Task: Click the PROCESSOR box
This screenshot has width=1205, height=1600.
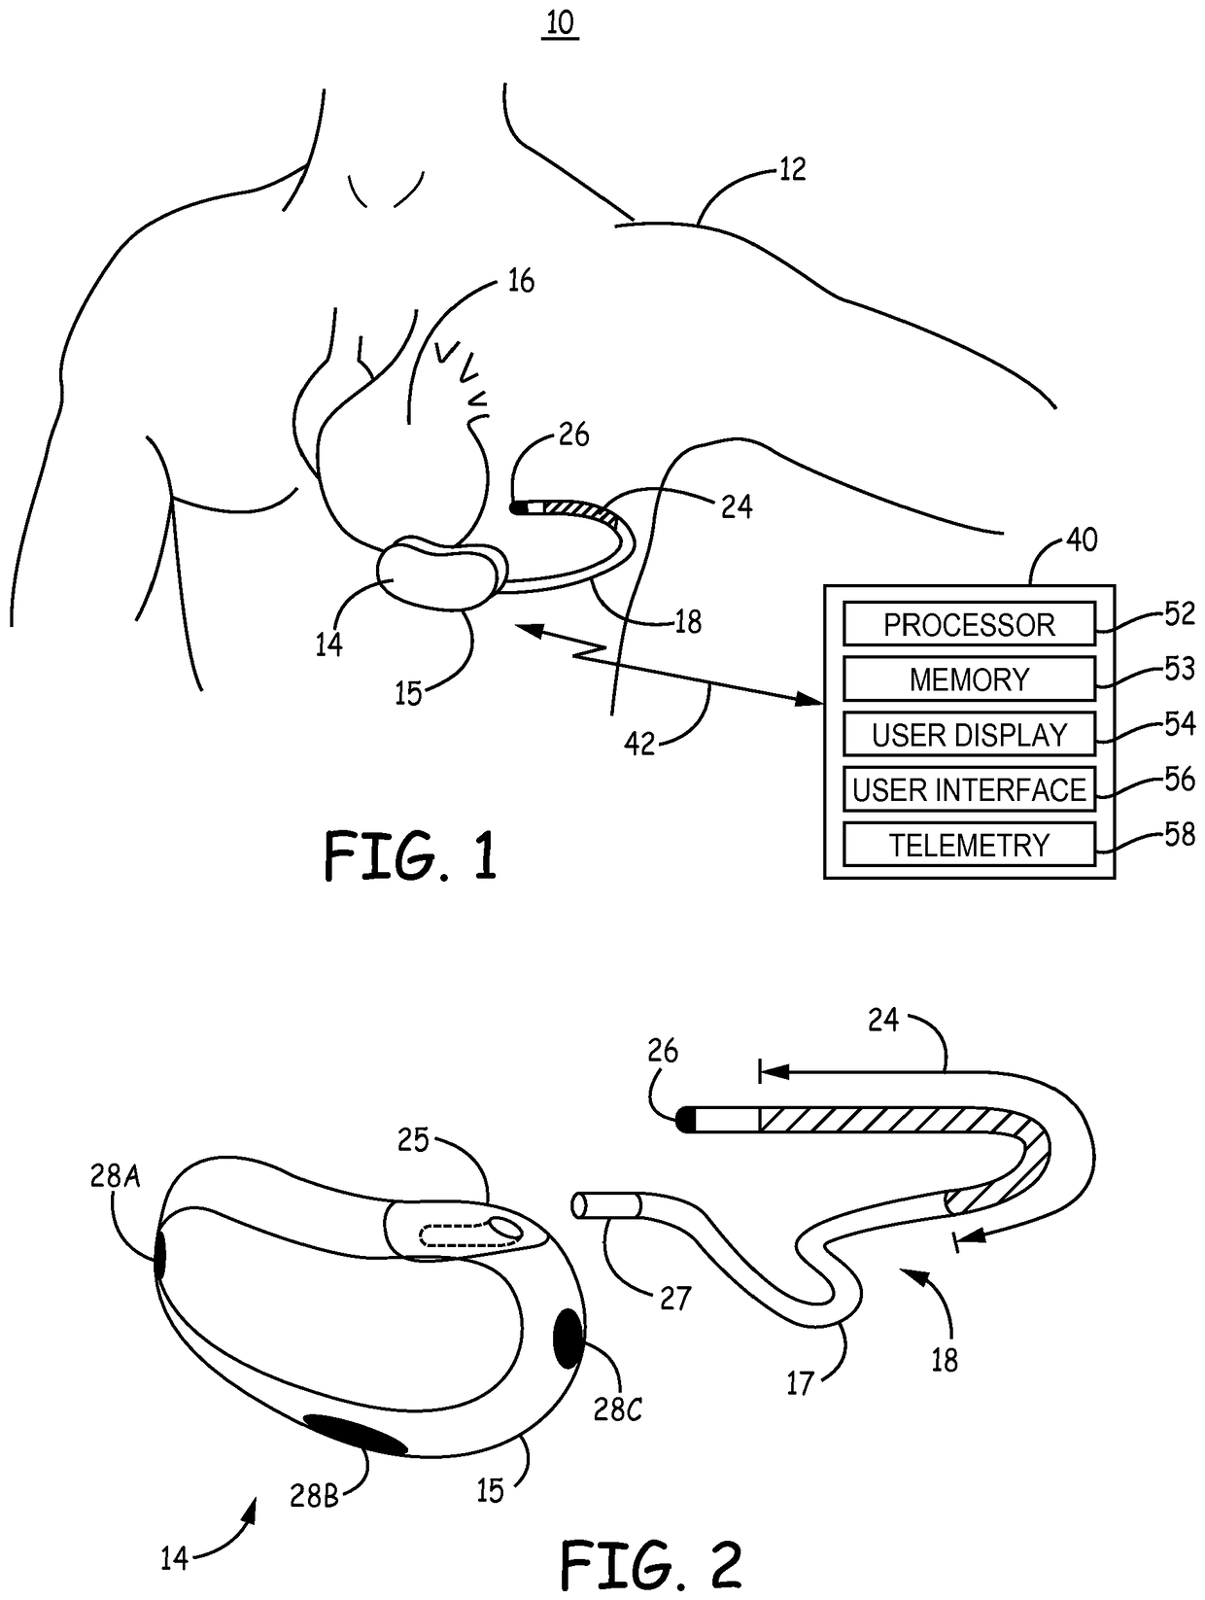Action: (969, 624)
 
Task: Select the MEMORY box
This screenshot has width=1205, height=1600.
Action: (969, 679)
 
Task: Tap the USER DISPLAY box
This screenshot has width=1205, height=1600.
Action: (969, 735)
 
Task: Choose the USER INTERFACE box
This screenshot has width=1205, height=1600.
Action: (969, 789)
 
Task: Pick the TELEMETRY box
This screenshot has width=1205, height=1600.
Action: (969, 845)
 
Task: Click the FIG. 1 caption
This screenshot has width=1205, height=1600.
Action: (410, 856)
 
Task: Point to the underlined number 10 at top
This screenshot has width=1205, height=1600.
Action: (561, 23)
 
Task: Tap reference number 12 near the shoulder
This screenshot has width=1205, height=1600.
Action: (792, 170)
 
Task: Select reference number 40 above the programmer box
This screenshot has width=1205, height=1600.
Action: (1081, 539)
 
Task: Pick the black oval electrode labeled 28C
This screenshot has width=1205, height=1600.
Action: (568, 1338)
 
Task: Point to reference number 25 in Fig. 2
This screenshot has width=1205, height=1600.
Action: (413, 1139)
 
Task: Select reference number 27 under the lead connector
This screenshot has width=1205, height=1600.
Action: (675, 1299)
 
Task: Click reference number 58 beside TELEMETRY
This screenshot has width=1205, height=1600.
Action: (1179, 835)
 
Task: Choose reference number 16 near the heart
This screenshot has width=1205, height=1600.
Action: (521, 282)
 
